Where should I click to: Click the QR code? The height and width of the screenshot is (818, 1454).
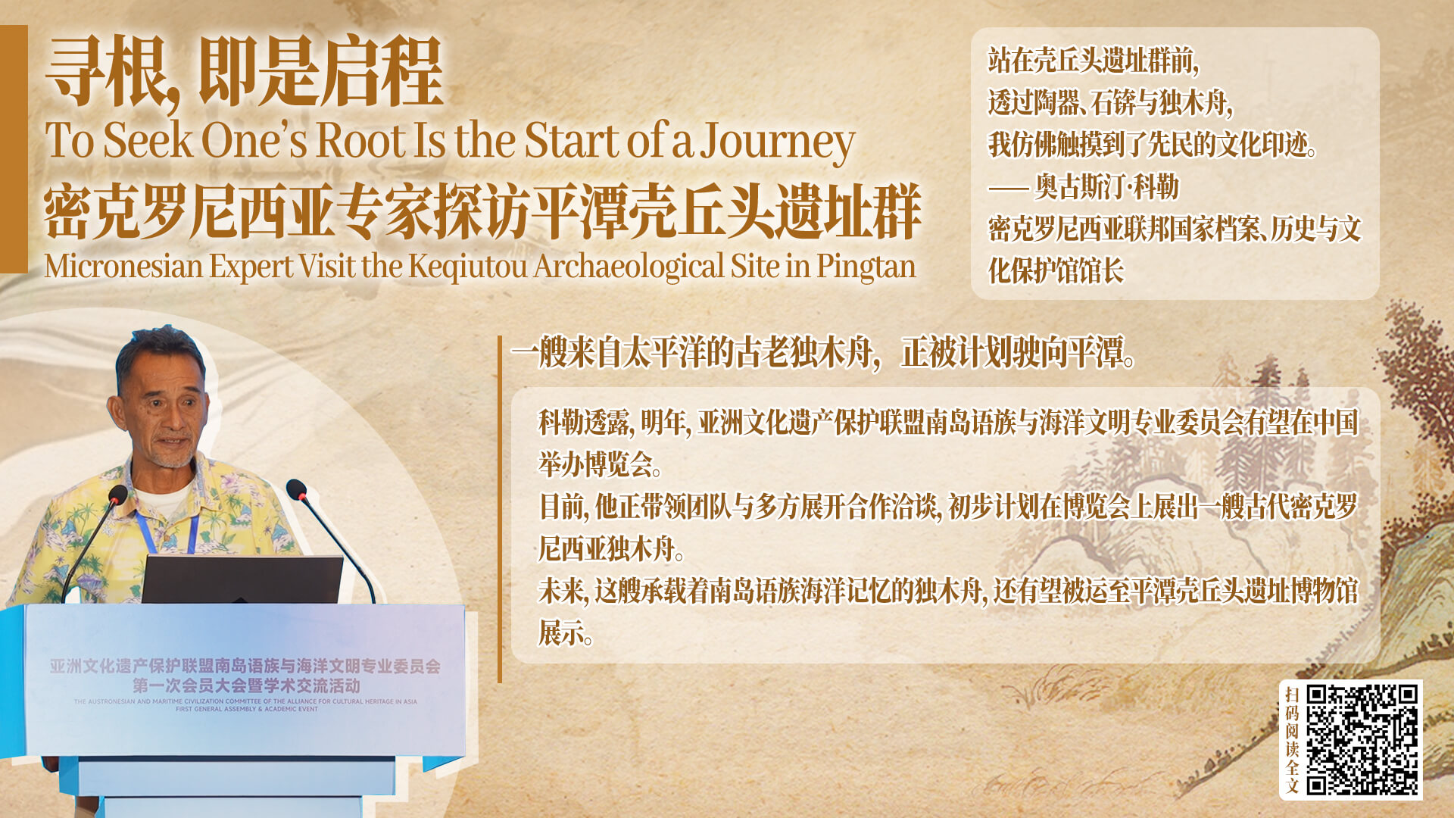(x=1362, y=739)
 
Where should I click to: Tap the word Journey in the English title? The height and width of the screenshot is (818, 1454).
(x=777, y=142)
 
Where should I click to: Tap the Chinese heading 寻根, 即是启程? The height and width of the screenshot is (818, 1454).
(x=244, y=73)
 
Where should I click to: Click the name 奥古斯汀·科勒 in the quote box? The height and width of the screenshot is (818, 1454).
(x=1106, y=186)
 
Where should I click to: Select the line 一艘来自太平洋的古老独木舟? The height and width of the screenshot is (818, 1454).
(x=691, y=353)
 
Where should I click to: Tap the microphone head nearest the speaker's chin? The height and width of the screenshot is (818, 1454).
(x=118, y=495)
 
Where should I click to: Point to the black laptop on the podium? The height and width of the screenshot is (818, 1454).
(x=242, y=579)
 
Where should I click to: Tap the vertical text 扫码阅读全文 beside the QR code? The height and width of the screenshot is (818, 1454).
(x=1292, y=740)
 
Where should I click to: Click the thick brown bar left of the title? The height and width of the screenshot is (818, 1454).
(x=14, y=148)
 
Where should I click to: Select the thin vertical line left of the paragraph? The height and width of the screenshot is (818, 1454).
(x=500, y=509)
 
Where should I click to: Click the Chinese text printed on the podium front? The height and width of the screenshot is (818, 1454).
(x=245, y=676)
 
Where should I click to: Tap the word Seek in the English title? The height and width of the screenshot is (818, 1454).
(x=148, y=140)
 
